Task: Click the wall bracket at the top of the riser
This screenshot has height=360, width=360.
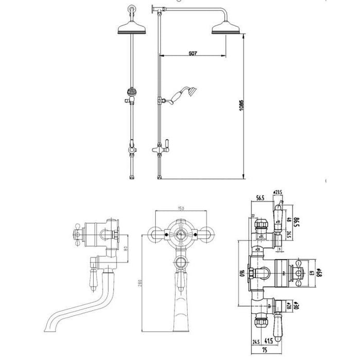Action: point(155,8)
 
